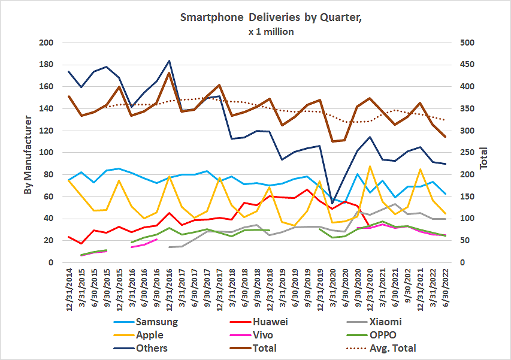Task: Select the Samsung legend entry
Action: tap(157, 322)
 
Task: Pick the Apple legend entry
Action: tap(149, 335)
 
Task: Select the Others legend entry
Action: tap(152, 348)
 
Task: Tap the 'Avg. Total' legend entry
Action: tap(394, 348)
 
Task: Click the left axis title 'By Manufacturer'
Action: tap(28, 152)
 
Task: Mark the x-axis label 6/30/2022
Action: tap(444, 291)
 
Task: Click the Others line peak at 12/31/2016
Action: tap(170, 60)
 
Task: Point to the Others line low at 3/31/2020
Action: tap(332, 203)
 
